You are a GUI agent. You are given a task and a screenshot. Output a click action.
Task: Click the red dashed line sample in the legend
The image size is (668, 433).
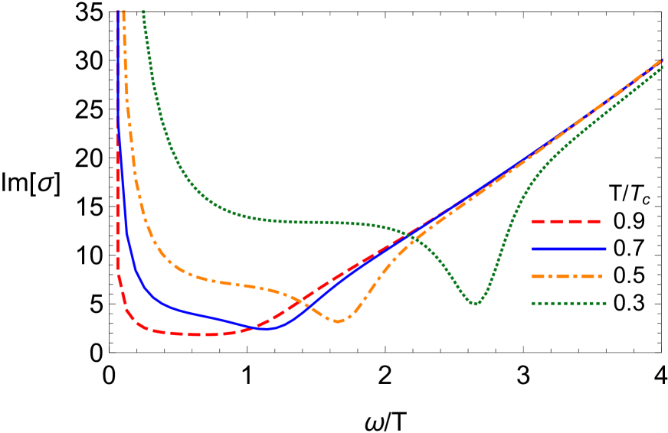point(565,222)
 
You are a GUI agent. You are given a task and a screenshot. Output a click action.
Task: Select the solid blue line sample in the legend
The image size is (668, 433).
point(568,249)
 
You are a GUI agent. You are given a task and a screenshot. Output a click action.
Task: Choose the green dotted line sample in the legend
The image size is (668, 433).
point(568,303)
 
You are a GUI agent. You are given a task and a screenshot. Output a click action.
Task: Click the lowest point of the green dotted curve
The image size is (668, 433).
point(476,304)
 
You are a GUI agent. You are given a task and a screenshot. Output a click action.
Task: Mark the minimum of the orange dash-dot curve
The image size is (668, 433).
point(338,321)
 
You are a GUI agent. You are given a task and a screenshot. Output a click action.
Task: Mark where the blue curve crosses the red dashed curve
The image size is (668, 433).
point(257,327)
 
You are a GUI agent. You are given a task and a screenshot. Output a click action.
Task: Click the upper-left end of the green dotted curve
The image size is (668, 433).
point(143,11)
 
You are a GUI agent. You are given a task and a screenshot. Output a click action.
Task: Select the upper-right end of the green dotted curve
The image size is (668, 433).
point(663,67)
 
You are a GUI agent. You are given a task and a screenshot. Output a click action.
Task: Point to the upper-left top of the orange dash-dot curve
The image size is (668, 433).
point(123,11)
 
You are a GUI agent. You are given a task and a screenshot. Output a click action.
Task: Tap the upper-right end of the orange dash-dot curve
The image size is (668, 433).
point(663,60)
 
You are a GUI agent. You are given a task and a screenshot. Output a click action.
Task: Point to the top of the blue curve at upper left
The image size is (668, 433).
point(117,11)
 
